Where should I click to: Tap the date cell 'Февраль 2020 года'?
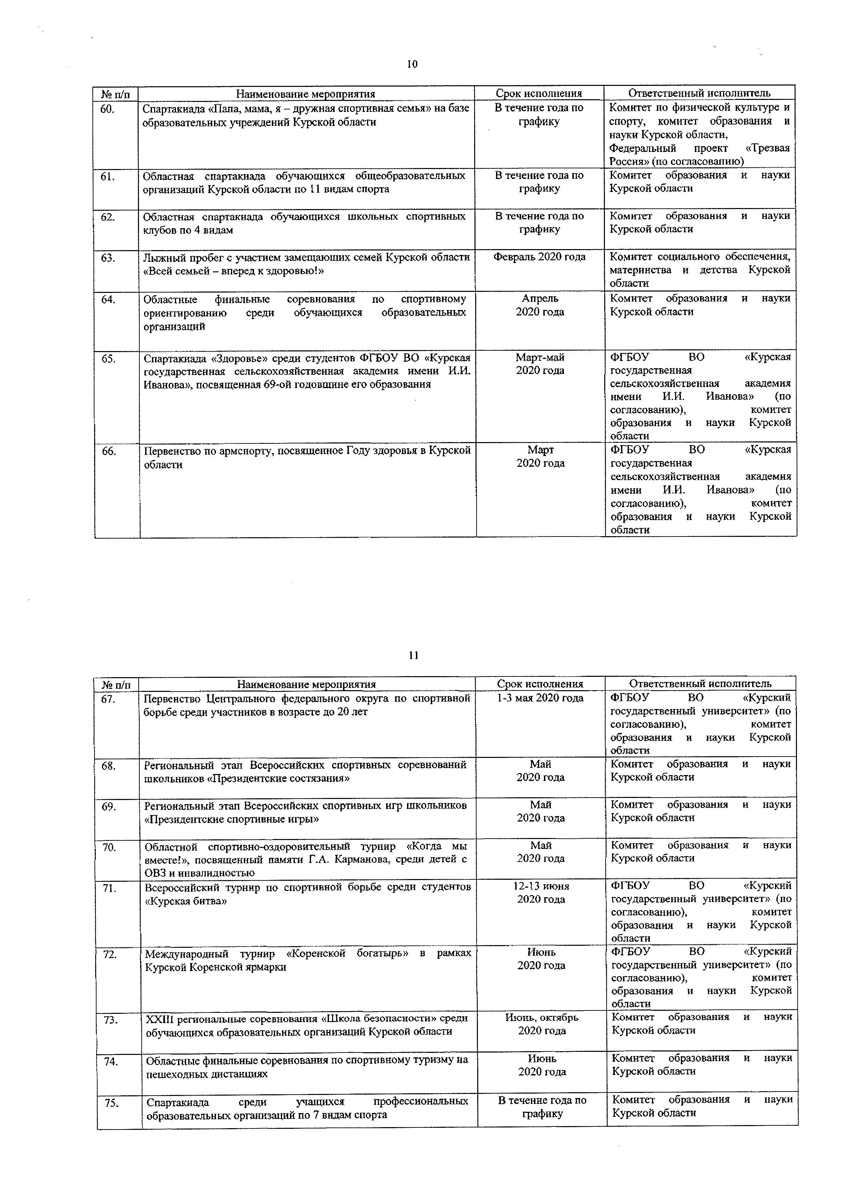(540, 257)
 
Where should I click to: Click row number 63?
(108, 258)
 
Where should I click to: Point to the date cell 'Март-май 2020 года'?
(540, 364)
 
